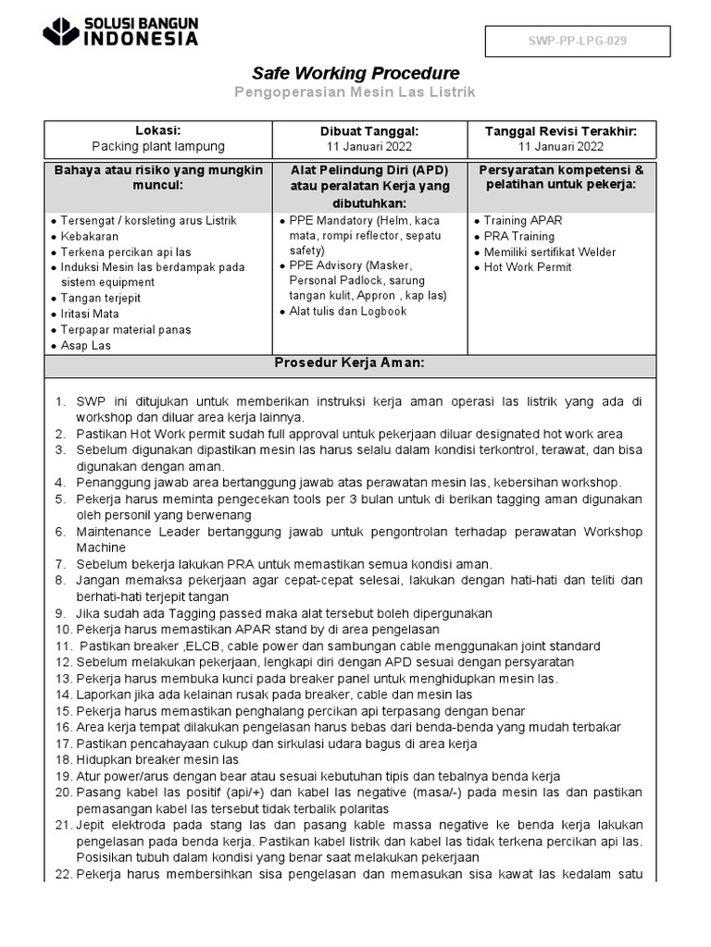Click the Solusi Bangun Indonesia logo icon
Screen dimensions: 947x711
coord(62,31)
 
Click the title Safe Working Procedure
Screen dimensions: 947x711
coord(356,73)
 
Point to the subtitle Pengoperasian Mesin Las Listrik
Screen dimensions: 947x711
coord(355,93)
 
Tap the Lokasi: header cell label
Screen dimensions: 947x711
coord(157,130)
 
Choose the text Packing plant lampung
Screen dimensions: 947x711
coord(157,146)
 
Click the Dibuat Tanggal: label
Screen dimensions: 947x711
coord(369,130)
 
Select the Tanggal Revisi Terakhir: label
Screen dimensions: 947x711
coord(561,130)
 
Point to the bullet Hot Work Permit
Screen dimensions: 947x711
coord(527,267)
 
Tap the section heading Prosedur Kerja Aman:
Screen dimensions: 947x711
coord(349,363)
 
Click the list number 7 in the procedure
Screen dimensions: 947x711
coord(60,564)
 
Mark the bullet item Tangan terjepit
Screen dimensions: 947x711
coord(102,299)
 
